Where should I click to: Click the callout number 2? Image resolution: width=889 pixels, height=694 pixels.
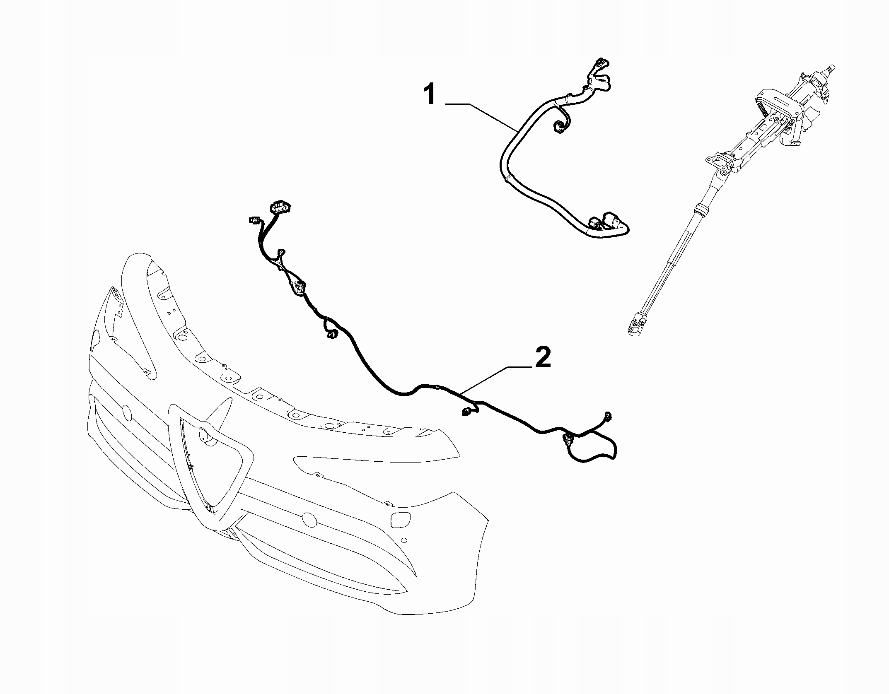click(x=543, y=358)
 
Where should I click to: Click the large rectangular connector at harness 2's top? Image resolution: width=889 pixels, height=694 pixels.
click(x=281, y=206)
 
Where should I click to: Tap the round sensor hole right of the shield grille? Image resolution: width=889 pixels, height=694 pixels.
click(x=309, y=518)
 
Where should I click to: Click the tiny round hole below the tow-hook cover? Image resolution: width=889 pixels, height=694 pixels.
click(x=403, y=540)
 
